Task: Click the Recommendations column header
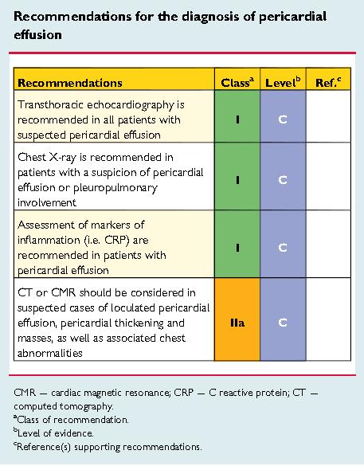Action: (70, 83)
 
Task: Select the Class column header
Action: (237, 82)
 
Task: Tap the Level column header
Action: (283, 82)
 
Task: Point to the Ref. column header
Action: (328, 82)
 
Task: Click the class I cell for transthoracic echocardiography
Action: (237, 116)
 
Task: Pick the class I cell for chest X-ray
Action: (237, 177)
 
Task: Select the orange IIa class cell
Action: (237, 319)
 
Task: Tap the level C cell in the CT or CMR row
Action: (283, 319)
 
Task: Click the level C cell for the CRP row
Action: (283, 245)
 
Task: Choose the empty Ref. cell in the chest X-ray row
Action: (328, 177)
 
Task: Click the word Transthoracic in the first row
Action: (48, 105)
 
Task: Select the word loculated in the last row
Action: (133, 308)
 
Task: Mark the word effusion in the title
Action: (37, 35)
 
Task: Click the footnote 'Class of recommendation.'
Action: (72, 420)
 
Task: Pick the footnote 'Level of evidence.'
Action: (54, 433)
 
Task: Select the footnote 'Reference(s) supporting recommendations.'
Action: (108, 447)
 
